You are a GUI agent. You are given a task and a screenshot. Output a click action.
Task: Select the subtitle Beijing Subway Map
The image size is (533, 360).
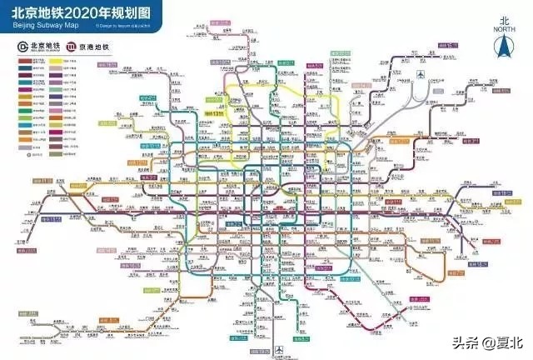41,26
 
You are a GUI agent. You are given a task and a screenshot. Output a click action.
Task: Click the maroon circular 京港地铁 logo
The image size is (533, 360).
72,45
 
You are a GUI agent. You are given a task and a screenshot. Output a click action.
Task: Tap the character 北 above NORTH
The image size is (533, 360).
503,18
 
